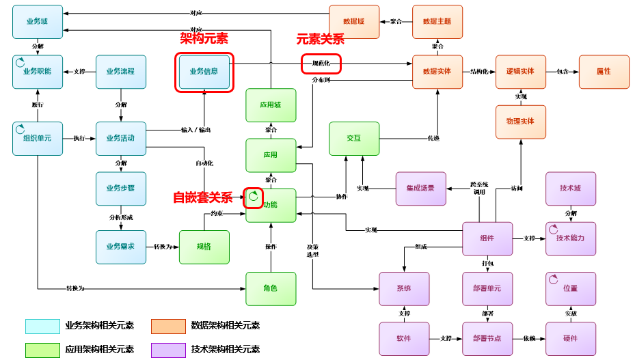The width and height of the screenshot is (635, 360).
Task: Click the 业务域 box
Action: point(38,22)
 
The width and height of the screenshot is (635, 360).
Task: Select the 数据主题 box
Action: point(437,22)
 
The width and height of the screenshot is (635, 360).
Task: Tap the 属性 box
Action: point(604,72)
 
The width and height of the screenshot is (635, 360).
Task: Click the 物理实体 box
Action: point(521,122)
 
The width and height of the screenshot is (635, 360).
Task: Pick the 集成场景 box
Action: point(420,188)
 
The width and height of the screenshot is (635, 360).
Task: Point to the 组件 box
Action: point(487,238)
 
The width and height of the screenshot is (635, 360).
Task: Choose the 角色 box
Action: point(271,288)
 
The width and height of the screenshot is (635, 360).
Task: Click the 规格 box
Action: point(204,247)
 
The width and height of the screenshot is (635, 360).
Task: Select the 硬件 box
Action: point(571,339)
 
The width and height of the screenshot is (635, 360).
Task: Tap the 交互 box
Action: point(354,138)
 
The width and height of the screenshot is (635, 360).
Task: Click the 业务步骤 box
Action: point(121,189)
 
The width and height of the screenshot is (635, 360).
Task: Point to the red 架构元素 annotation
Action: point(204,39)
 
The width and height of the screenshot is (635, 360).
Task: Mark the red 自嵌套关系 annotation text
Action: point(202,198)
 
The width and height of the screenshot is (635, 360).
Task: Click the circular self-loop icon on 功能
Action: point(253,197)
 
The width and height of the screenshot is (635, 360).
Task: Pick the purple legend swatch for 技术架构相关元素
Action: point(168,350)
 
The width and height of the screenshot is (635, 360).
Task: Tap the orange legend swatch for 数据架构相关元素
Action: point(168,326)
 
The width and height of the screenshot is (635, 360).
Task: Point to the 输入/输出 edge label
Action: point(195,130)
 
